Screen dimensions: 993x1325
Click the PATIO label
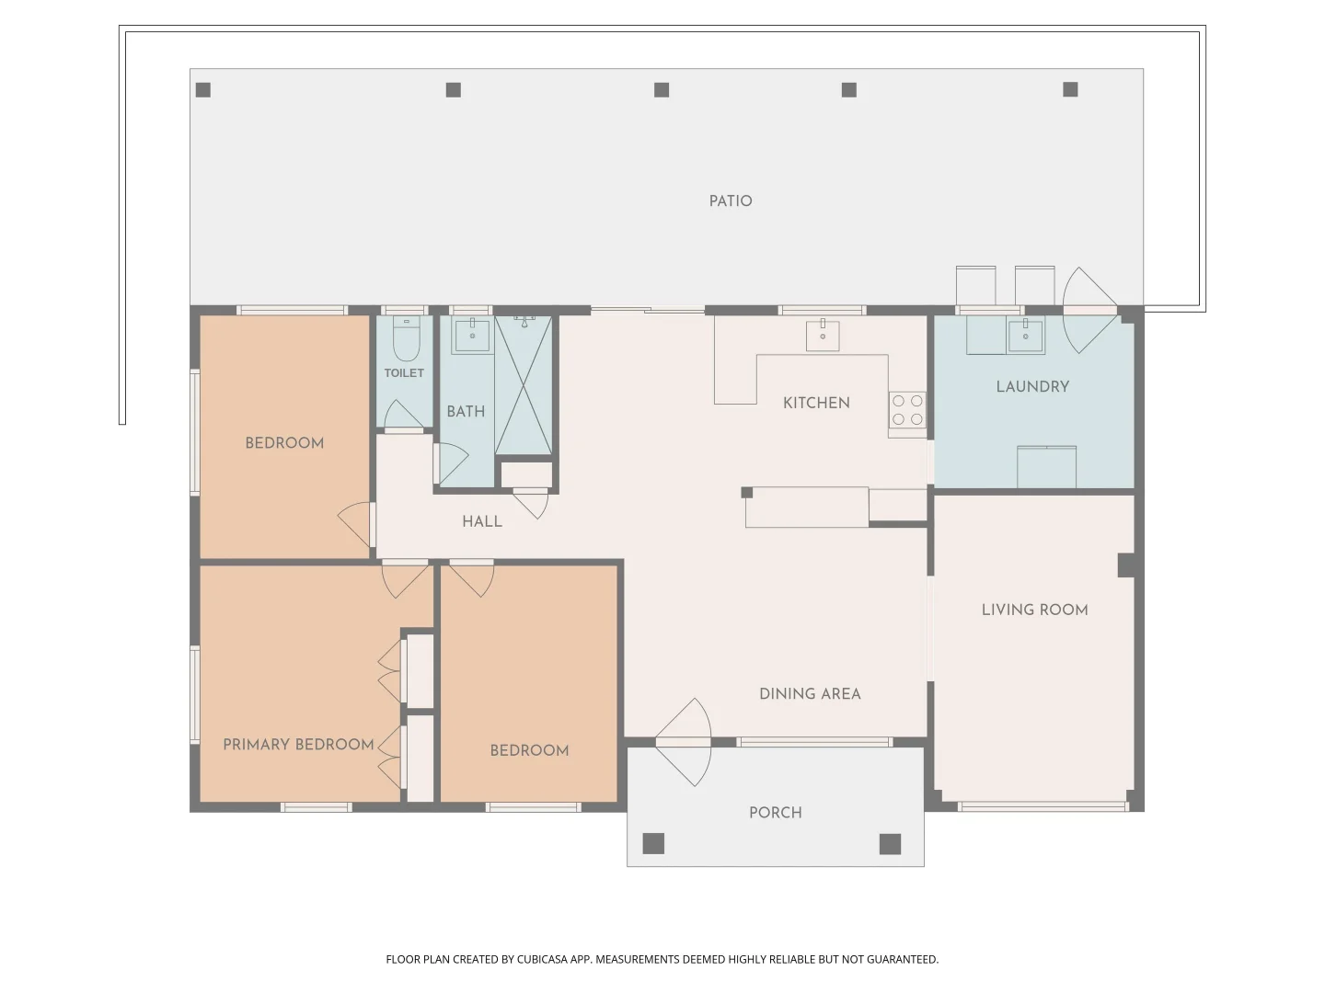tap(731, 201)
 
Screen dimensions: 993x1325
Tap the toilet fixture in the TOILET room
tap(406, 340)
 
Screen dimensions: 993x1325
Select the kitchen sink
tap(823, 336)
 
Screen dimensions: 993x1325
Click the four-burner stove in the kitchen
tap(907, 410)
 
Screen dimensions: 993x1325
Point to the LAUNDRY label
tap(1032, 387)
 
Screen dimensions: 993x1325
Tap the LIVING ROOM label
tap(1034, 610)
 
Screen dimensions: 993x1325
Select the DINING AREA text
tap(810, 694)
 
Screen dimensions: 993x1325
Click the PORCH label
tap(775, 813)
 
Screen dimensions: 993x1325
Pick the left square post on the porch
tap(653, 843)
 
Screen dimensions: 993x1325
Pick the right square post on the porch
tap(890, 844)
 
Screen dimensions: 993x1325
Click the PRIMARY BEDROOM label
tap(298, 745)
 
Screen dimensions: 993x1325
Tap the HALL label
tap(482, 522)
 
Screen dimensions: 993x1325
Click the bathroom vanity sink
tap(472, 336)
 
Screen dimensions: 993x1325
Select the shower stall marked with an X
tap(524, 386)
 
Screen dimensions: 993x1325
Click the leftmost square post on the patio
tap(203, 90)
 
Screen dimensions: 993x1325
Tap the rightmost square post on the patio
tap(1070, 89)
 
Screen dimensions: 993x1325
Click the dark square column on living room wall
tap(1126, 565)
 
